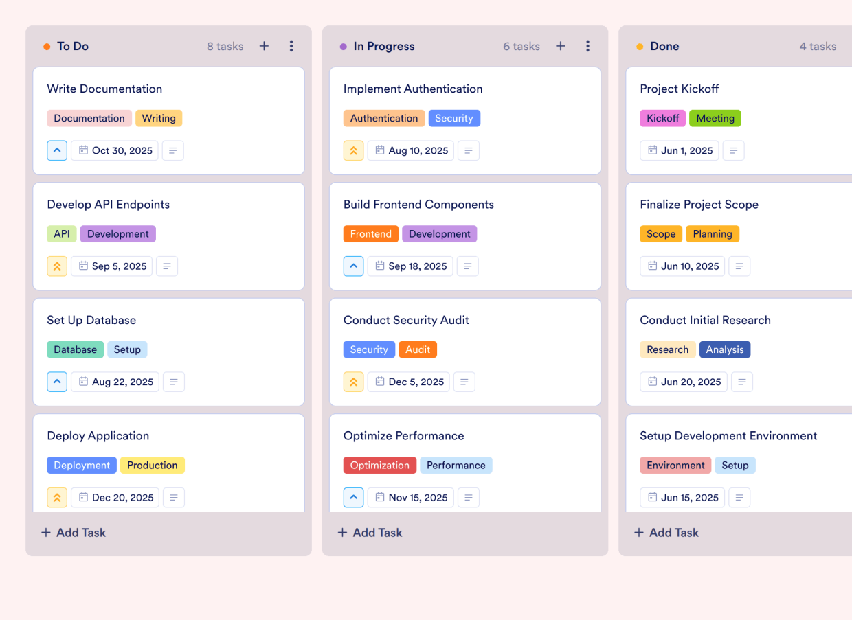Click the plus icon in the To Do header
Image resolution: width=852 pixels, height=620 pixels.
point(264,46)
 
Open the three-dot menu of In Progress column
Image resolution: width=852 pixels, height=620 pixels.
point(587,46)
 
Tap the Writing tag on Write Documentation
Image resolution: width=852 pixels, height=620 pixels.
point(159,118)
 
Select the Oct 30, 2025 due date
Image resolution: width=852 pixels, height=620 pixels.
point(115,150)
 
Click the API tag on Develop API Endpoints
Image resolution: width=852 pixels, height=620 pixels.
point(62,233)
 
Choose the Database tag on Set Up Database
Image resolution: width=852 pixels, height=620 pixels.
point(75,349)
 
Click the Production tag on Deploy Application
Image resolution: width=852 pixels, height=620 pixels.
point(152,465)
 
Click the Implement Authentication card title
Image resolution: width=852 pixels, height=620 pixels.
point(412,89)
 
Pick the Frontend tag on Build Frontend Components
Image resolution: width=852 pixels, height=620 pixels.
point(370,233)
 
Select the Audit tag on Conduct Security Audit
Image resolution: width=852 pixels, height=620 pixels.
point(417,349)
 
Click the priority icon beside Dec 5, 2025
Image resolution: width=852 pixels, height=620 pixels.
point(353,382)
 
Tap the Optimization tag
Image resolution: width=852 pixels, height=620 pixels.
point(379,465)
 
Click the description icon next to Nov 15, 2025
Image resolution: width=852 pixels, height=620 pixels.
point(469,497)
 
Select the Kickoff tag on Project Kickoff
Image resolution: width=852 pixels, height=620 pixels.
point(662,118)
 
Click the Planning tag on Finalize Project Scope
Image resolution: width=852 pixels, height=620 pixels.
point(712,233)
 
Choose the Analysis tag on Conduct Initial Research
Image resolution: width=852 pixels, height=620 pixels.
point(724,349)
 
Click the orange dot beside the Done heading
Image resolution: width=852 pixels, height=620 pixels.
point(640,47)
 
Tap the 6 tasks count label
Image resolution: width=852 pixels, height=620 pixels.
point(521,46)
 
